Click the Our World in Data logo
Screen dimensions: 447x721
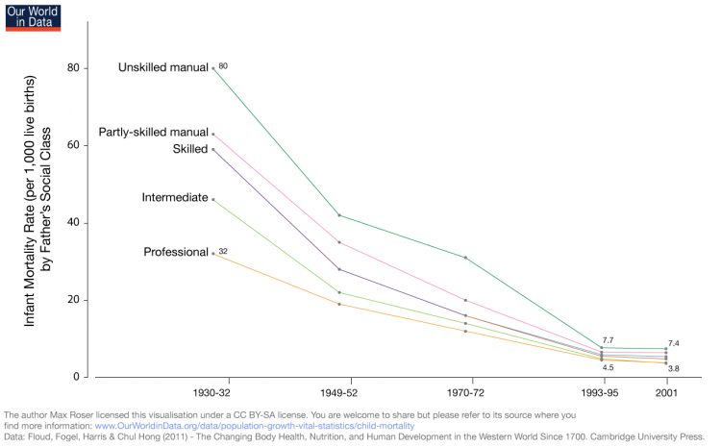pyautogui.click(x=33, y=15)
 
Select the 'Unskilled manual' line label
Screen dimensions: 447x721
pyautogui.click(x=162, y=68)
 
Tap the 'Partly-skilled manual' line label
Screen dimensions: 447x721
pyautogui.click(x=153, y=132)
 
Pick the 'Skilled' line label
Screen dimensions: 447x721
pyautogui.click(x=189, y=149)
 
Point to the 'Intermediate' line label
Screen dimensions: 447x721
pyautogui.click(x=174, y=198)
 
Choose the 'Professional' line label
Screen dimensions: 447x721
pyautogui.click(x=176, y=252)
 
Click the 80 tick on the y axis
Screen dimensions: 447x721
pyautogui.click(x=72, y=68)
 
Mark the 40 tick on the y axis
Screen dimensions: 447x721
pyautogui.click(x=72, y=223)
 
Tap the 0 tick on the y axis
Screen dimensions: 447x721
pyautogui.click(x=75, y=377)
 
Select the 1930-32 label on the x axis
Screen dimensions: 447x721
pyautogui.click(x=211, y=394)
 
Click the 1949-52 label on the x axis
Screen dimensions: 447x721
pyautogui.click(x=339, y=394)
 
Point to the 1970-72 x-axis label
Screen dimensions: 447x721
pyautogui.click(x=465, y=394)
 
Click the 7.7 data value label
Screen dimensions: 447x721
pyautogui.click(x=608, y=340)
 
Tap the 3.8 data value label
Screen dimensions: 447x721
pyautogui.click(x=674, y=369)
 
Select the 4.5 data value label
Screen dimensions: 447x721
pyautogui.click(x=608, y=367)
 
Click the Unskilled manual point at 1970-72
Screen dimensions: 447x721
pyautogui.click(x=465, y=258)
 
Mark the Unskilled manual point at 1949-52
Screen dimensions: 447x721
pyautogui.click(x=339, y=215)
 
